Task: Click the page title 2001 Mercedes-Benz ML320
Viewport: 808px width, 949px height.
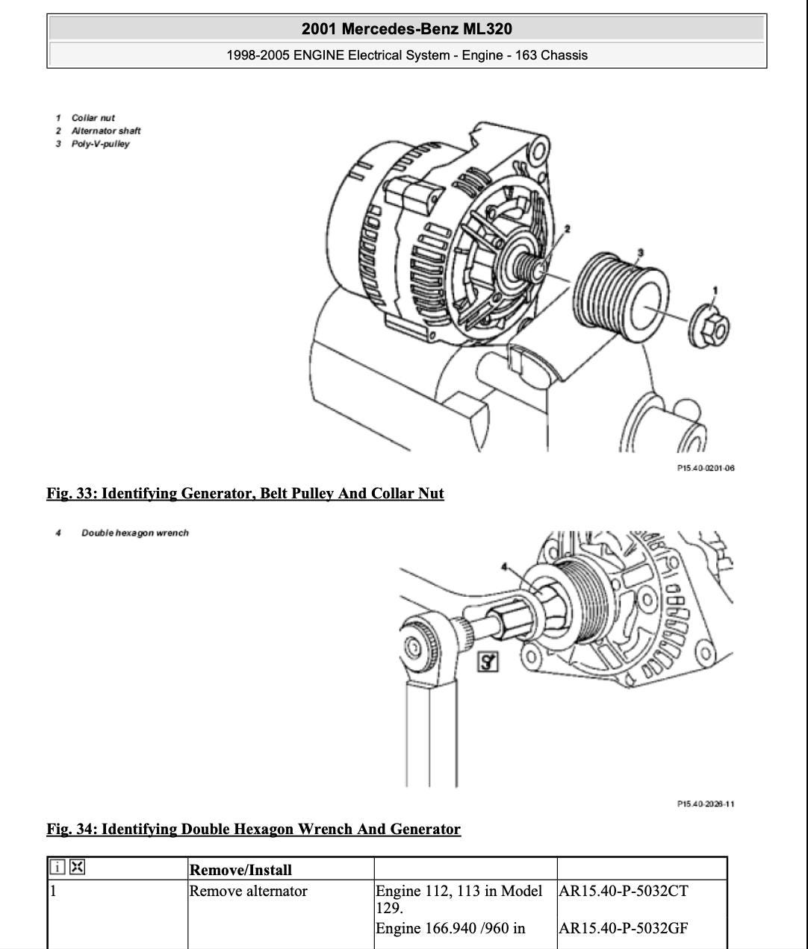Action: [407, 29]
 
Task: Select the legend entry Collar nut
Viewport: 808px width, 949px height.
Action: [93, 118]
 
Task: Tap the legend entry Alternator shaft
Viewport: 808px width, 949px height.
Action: [106, 131]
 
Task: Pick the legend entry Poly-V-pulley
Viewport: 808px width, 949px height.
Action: [100, 144]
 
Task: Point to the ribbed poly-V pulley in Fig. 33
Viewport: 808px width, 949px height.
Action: [620, 297]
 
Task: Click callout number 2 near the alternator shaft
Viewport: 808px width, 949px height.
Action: [567, 228]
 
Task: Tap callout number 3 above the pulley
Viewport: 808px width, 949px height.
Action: [641, 252]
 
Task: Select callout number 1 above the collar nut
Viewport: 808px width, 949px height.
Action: [715, 290]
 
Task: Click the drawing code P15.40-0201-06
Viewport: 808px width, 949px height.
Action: [706, 468]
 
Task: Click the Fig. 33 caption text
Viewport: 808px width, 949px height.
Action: [245, 493]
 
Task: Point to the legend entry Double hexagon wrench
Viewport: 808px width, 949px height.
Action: [135, 533]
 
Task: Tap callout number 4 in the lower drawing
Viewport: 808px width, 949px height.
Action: [504, 567]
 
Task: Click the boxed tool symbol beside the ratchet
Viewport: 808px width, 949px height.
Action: [488, 662]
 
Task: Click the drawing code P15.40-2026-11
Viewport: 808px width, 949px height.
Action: [706, 804]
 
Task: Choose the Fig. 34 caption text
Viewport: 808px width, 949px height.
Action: [253, 829]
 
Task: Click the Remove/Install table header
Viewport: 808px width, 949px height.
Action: [240, 870]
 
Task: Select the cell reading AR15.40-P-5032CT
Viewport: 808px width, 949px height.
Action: [624, 891]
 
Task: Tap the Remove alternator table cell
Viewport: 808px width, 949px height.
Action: [248, 891]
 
